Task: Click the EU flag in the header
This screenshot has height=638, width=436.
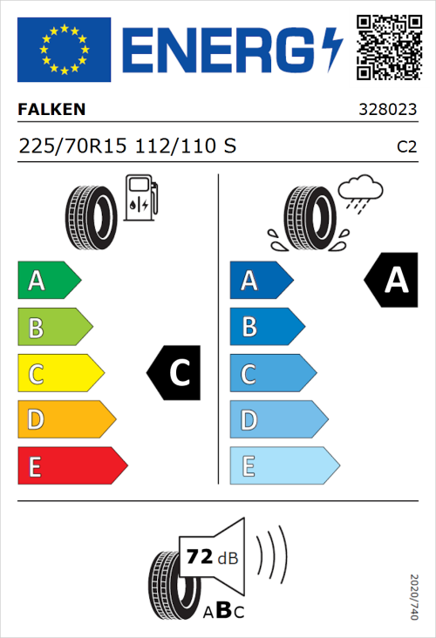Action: pyautogui.click(x=64, y=49)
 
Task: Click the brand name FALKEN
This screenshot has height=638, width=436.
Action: pyautogui.click(x=52, y=110)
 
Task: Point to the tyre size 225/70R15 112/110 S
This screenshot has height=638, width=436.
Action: pyautogui.click(x=127, y=146)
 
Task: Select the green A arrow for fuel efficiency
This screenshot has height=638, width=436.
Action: pyautogui.click(x=48, y=281)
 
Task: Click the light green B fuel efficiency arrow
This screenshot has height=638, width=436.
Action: pyautogui.click(x=54, y=328)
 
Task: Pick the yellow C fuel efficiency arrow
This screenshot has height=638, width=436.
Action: pyautogui.click(x=59, y=375)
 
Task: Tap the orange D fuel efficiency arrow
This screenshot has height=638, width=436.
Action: pyautogui.click(x=65, y=421)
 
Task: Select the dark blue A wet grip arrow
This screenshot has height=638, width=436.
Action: pyautogui.click(x=260, y=281)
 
